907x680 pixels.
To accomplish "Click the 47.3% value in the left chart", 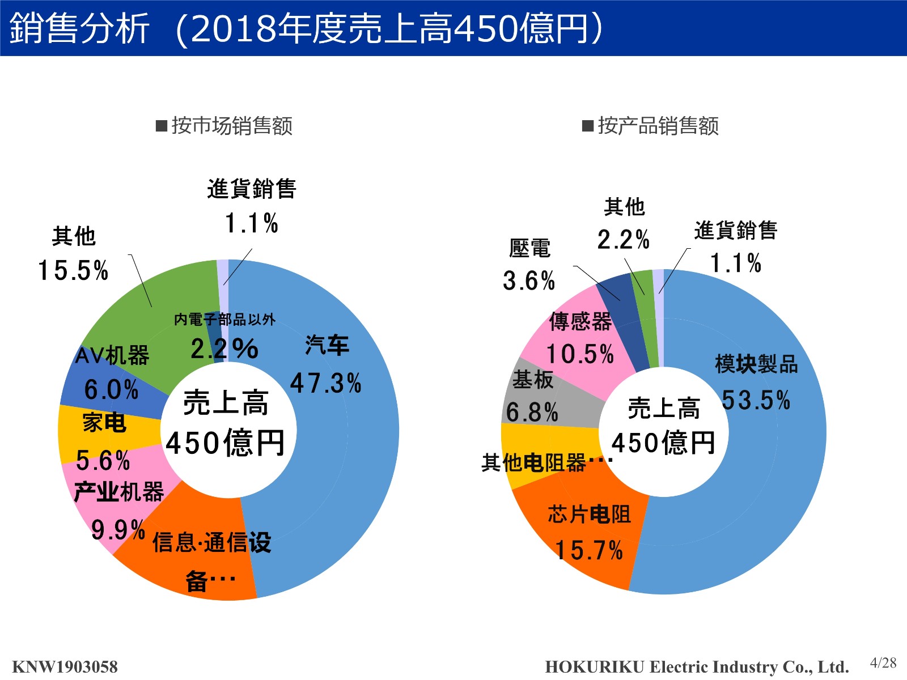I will click(x=325, y=383).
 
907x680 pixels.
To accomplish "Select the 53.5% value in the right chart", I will click(x=756, y=399).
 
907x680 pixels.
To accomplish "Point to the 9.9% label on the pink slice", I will click(x=118, y=530).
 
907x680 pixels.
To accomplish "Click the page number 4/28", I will click(x=883, y=662).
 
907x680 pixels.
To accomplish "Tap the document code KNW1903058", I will click(x=65, y=666).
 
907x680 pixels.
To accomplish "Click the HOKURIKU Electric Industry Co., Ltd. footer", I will click(x=697, y=666).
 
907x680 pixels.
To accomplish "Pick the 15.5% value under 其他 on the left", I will click(x=73, y=270).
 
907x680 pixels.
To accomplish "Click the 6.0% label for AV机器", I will click(x=111, y=389).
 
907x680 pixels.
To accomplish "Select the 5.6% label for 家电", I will click(x=103, y=460).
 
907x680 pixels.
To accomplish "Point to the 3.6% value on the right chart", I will click(x=528, y=280).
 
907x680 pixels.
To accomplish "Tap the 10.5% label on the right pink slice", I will click(x=579, y=354).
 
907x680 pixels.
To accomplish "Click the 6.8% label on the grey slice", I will click(x=532, y=412).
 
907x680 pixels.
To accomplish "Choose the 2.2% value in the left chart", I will click(x=224, y=348).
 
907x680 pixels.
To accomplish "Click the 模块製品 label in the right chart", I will click(x=756, y=364).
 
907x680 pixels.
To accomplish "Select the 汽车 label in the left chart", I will click(x=327, y=345).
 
